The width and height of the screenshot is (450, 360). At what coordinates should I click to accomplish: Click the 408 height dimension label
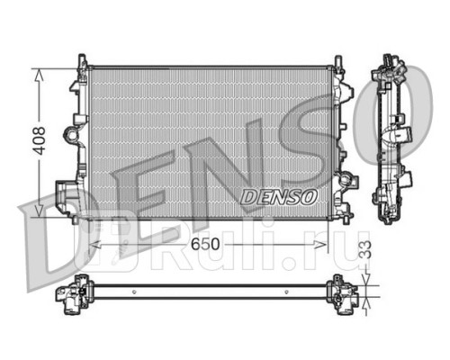pos(40,140)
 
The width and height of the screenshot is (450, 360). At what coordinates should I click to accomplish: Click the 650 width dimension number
pos(205,244)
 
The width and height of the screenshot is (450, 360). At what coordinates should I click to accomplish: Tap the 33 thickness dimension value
pos(365,249)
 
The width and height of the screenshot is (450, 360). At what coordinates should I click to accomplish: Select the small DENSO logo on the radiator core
pos(279,197)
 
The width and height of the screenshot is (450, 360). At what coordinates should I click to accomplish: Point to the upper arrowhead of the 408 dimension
pos(39,75)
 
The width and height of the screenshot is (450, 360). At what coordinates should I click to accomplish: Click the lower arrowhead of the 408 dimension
pos(39,211)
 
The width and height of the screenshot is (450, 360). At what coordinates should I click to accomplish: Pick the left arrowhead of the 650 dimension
pos(95,245)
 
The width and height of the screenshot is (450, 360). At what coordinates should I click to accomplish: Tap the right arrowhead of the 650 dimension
pos(320,245)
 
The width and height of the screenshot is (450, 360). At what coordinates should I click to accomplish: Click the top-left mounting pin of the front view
pos(82,61)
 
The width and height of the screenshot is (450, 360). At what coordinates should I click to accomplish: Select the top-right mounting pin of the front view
pos(338,62)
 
